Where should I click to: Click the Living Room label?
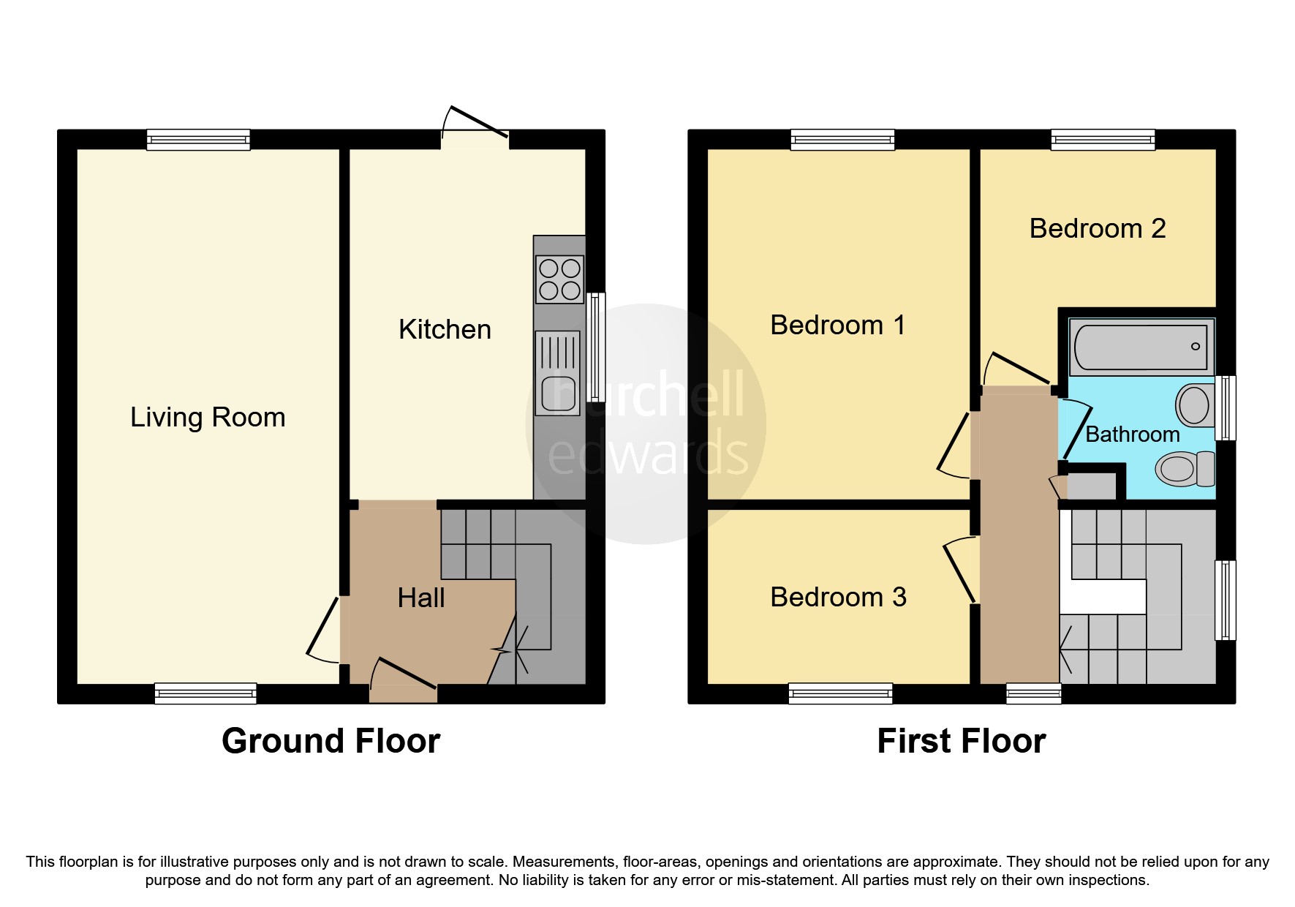coord(208,418)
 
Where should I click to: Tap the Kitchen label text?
coord(445,330)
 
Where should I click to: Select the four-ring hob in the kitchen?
coord(560,279)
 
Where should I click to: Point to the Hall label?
coord(421,598)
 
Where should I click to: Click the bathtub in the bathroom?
coord(1141,347)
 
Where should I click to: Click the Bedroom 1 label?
coord(838,325)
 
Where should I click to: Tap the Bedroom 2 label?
coord(1097,229)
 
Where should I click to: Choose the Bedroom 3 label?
coord(838,598)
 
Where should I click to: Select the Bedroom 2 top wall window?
coord(1103,140)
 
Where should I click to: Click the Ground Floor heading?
coord(331,741)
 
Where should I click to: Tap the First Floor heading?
coord(961,741)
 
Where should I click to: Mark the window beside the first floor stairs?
coord(1226,600)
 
